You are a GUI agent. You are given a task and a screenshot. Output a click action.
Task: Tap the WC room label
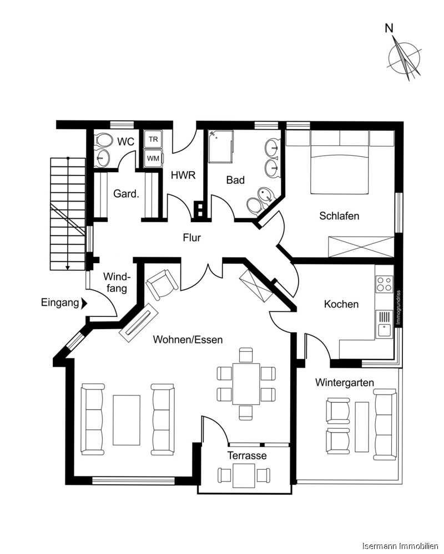[127, 142]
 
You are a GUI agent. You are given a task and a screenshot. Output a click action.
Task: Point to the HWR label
[183, 176]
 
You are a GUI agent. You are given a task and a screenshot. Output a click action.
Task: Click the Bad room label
[235, 180]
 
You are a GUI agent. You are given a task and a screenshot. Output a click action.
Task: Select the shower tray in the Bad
[221, 146]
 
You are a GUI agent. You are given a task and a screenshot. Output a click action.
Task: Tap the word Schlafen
[339, 216]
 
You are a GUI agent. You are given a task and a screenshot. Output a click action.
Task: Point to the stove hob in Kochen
[384, 284]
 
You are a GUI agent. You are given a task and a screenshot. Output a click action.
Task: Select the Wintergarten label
[344, 382]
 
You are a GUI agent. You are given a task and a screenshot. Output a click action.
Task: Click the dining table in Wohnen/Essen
[246, 383]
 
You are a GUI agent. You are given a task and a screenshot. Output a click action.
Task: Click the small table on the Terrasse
[244, 474]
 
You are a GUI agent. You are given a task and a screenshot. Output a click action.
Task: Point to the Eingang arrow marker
[84, 303]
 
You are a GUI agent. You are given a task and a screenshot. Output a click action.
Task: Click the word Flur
[192, 238]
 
